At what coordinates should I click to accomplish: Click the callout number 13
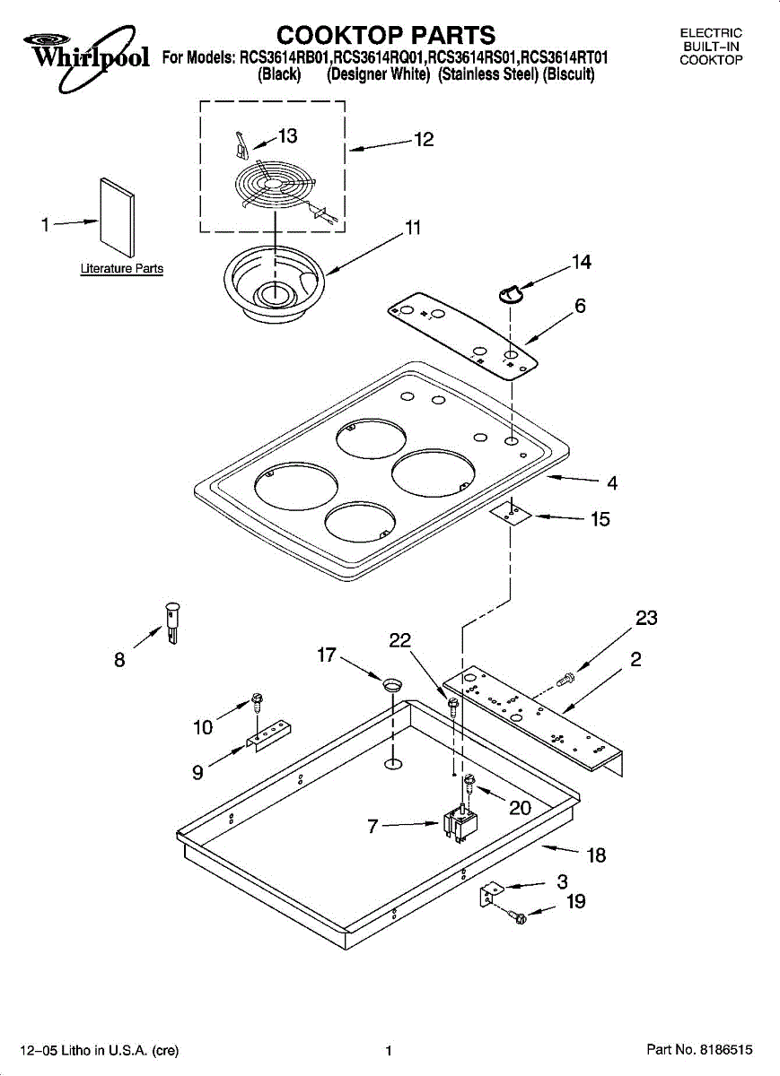pyautogui.click(x=287, y=136)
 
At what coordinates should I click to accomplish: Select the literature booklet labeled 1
pyautogui.click(x=118, y=218)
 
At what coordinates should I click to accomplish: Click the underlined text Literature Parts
pyautogui.click(x=122, y=268)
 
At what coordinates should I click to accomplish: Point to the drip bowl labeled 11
pyautogui.click(x=274, y=282)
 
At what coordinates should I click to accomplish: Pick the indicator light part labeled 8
pyautogui.click(x=171, y=623)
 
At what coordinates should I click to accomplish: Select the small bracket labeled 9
pyautogui.click(x=268, y=734)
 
